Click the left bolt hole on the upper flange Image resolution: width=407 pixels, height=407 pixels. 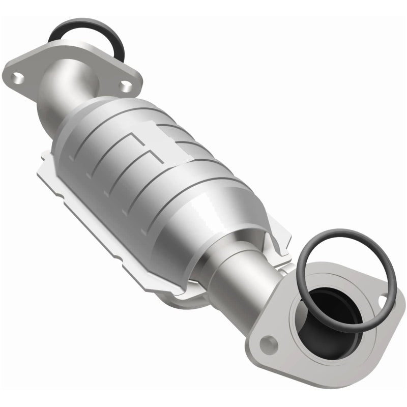click(x=19, y=78)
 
